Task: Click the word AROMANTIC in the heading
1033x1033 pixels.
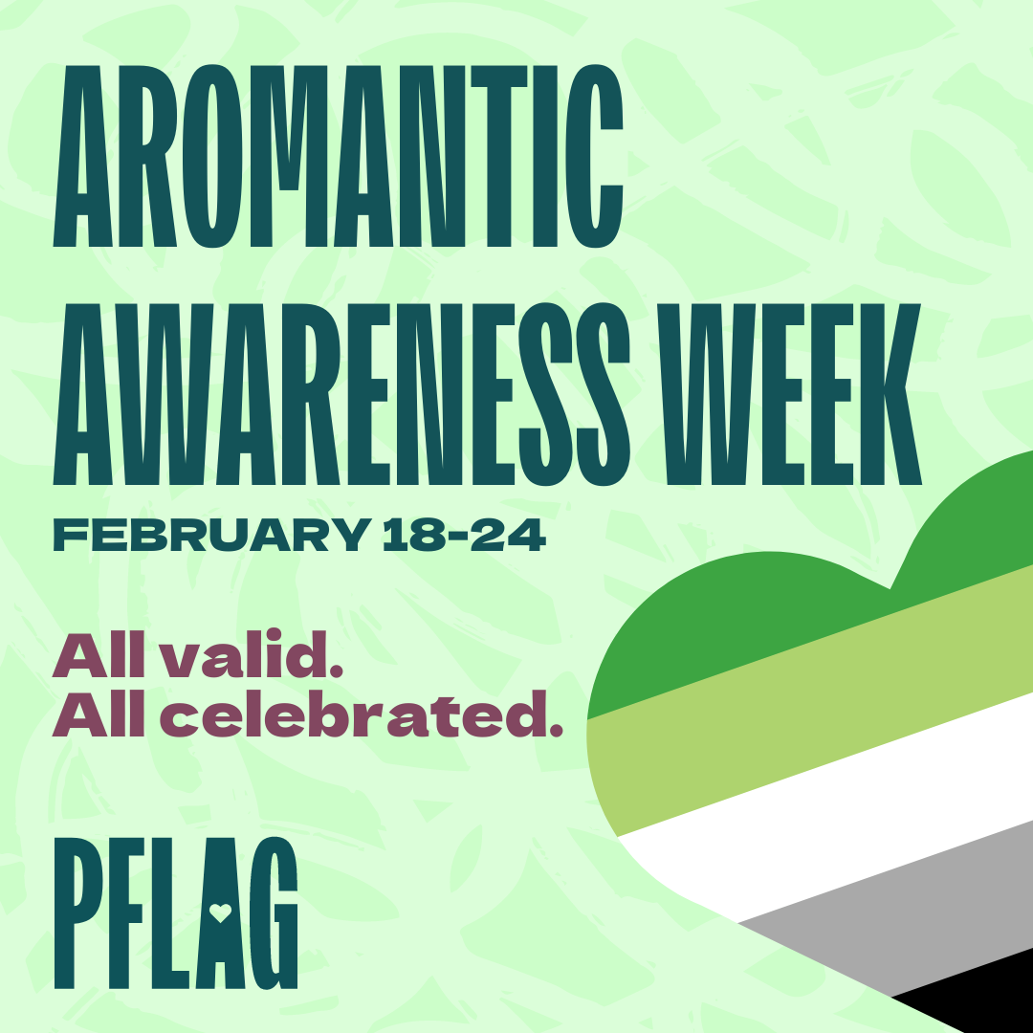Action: click(x=338, y=156)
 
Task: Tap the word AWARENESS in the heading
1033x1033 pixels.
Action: click(x=341, y=394)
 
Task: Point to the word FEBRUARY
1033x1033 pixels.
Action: click(x=211, y=535)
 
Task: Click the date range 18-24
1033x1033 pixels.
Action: click(x=464, y=535)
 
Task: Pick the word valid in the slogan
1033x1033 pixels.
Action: click(x=253, y=654)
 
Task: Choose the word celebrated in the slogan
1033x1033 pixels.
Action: click(x=362, y=714)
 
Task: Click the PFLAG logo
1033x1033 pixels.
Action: click(x=176, y=913)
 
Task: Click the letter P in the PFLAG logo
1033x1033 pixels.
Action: click(x=78, y=913)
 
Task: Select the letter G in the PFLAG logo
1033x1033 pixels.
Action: click(x=275, y=913)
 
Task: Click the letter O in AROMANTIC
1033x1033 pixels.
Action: click(x=212, y=156)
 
